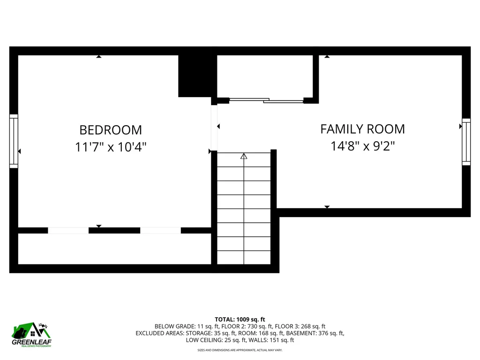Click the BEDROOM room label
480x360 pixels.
(x=111, y=129)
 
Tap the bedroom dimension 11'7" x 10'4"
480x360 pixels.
(x=111, y=147)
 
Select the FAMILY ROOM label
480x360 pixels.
(x=362, y=129)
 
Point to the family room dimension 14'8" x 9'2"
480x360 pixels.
(x=362, y=146)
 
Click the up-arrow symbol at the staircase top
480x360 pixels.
(x=244, y=157)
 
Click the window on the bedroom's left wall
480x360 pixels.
(x=14, y=141)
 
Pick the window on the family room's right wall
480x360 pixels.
(x=466, y=142)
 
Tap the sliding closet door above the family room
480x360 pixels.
(x=266, y=100)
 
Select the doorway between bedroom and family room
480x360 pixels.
(x=214, y=127)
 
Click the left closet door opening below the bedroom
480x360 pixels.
(x=68, y=230)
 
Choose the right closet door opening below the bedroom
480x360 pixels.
(x=160, y=230)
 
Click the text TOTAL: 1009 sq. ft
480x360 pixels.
(x=240, y=319)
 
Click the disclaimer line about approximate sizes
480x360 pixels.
(x=240, y=350)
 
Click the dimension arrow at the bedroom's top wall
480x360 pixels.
(x=98, y=57)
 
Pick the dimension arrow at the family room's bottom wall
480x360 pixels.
(x=327, y=207)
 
